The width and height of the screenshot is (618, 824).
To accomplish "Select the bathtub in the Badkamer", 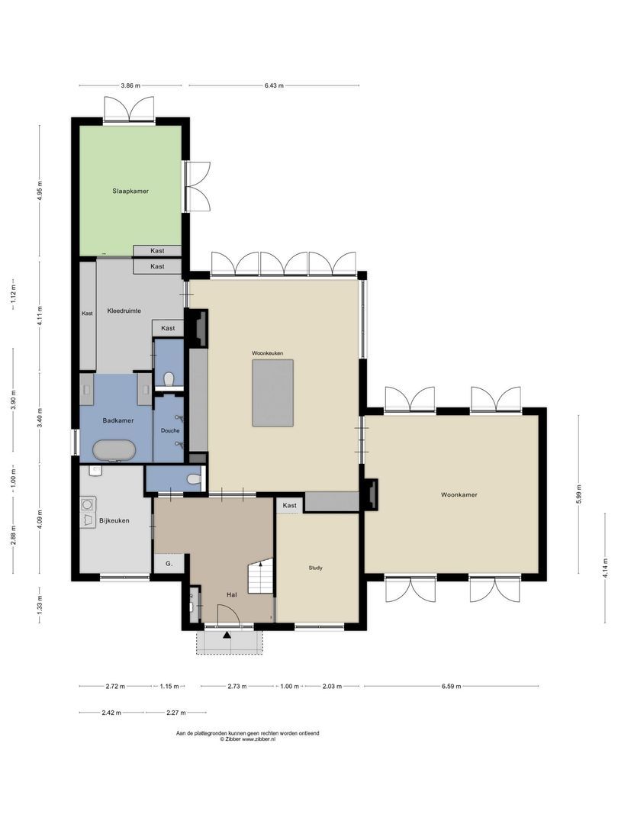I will click(114, 451).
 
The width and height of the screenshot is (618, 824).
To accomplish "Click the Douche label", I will click(170, 430).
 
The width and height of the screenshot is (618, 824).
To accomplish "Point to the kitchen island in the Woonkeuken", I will click(273, 393).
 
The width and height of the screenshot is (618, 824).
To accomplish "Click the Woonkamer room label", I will click(459, 494).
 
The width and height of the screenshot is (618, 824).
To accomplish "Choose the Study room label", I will click(316, 568).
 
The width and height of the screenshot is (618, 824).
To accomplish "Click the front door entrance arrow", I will click(227, 634).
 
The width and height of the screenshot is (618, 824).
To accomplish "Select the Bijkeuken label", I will click(114, 521).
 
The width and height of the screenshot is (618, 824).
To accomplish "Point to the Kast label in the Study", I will click(289, 505).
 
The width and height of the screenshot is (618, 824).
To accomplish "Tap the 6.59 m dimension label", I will click(451, 686).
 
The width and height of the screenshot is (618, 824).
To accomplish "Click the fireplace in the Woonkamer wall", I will click(371, 494).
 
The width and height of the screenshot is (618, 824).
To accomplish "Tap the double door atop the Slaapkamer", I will click(129, 109).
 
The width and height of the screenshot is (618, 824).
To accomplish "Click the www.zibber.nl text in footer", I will click(259, 739).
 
